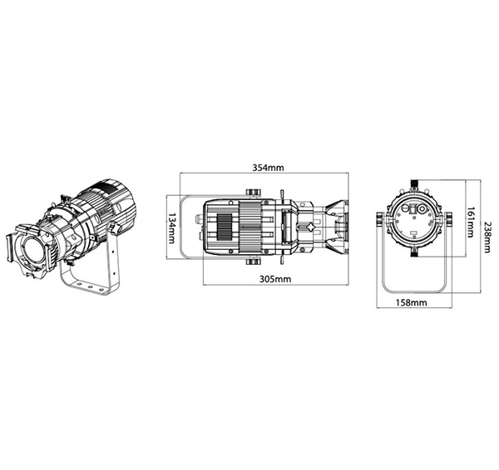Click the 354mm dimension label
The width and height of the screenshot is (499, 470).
point(268,168)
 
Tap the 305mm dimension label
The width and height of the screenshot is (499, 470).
point(275,279)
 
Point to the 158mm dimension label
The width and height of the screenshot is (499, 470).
point(411,302)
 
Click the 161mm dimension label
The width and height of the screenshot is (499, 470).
point(471,223)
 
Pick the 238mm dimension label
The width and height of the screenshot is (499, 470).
point(487,237)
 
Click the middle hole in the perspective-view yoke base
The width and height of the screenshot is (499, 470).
point(90,286)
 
